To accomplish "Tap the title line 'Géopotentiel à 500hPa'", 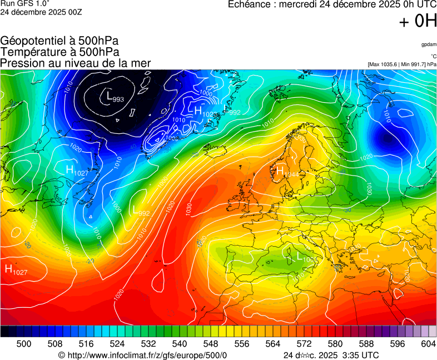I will (59, 41).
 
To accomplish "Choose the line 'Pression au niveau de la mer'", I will (76, 63).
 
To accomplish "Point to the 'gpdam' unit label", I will (428, 44).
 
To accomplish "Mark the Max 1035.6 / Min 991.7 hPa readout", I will (402, 64).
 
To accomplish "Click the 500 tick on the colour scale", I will (23, 344).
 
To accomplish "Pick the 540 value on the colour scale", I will (180, 344).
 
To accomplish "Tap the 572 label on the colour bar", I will (304, 344).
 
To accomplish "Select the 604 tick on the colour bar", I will (428, 344).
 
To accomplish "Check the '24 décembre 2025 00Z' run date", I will (41, 13).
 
